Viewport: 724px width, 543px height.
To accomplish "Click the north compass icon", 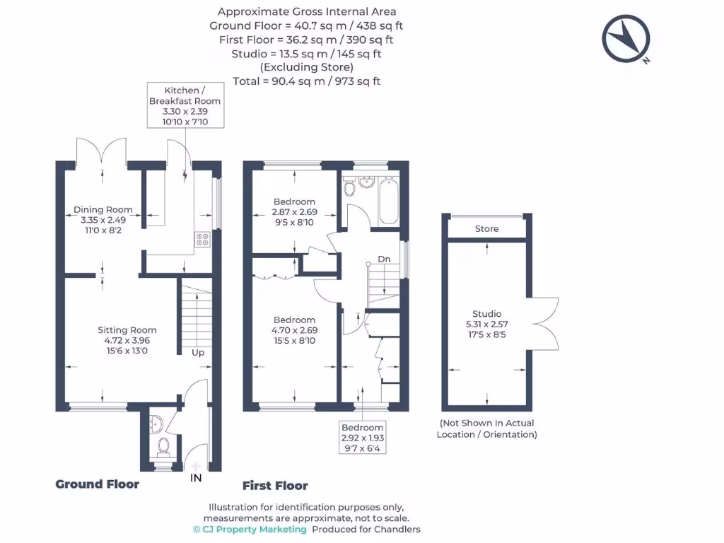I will pyautogui.click(x=625, y=39).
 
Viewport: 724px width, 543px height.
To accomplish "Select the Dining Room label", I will pyautogui.click(x=103, y=220).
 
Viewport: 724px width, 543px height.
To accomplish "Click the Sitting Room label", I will pyautogui.click(x=127, y=340).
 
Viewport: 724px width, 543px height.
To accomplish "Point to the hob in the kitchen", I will pyautogui.click(x=202, y=240).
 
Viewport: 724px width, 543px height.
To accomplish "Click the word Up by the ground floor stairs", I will pyautogui.click(x=198, y=351).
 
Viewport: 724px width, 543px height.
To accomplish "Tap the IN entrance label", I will pyautogui.click(x=196, y=478).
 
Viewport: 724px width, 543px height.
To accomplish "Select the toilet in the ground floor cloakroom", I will pyautogui.click(x=164, y=446).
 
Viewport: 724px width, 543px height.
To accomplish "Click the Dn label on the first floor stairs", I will pyautogui.click(x=384, y=259).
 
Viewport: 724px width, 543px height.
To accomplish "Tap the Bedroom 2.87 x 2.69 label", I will pyautogui.click(x=294, y=212).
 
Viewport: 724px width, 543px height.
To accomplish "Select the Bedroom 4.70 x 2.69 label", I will pyautogui.click(x=294, y=330).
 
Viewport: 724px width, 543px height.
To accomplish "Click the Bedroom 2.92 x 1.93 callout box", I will pyautogui.click(x=363, y=438).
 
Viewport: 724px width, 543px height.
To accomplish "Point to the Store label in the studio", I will pyautogui.click(x=486, y=229).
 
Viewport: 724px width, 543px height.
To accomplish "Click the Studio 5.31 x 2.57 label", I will pyautogui.click(x=486, y=324).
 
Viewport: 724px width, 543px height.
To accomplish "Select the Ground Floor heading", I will pyautogui.click(x=98, y=484).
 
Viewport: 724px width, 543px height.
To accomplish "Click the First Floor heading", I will pyautogui.click(x=275, y=486).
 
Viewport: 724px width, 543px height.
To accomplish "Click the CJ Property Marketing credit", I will pyautogui.click(x=250, y=530).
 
